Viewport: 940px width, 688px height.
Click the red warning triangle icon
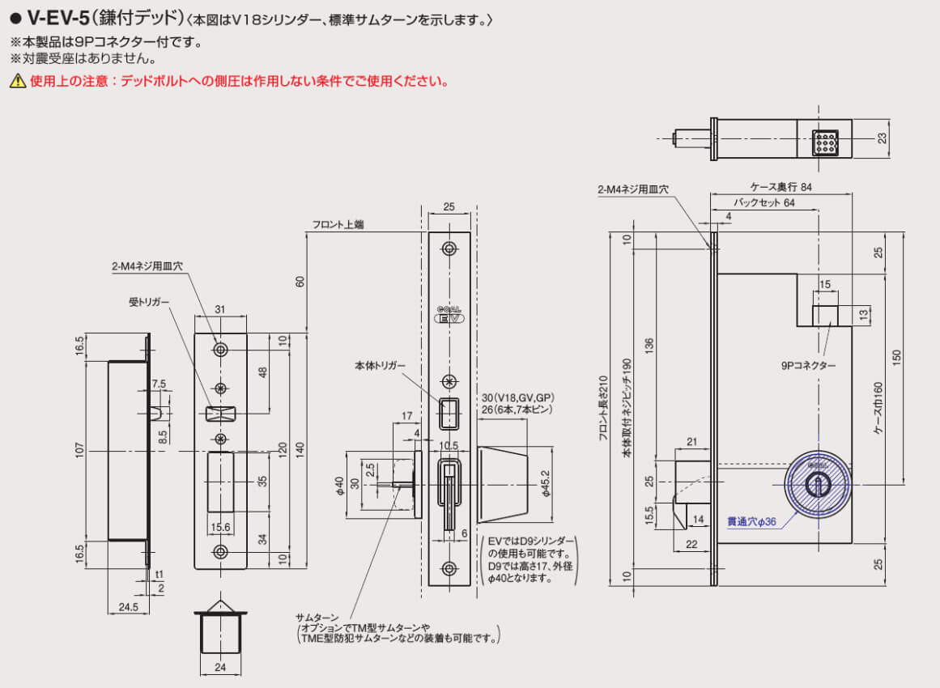17,81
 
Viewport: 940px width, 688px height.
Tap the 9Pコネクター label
809,366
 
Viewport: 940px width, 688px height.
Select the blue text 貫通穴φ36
751,522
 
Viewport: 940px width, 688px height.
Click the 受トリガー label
149,302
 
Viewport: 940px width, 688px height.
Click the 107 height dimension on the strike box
80,450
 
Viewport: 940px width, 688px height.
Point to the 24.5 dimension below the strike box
128,605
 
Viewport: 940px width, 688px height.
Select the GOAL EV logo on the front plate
449,315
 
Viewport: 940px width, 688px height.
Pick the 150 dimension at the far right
896,358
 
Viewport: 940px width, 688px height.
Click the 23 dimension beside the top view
883,138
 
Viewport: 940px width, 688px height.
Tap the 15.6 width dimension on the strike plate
220,527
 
